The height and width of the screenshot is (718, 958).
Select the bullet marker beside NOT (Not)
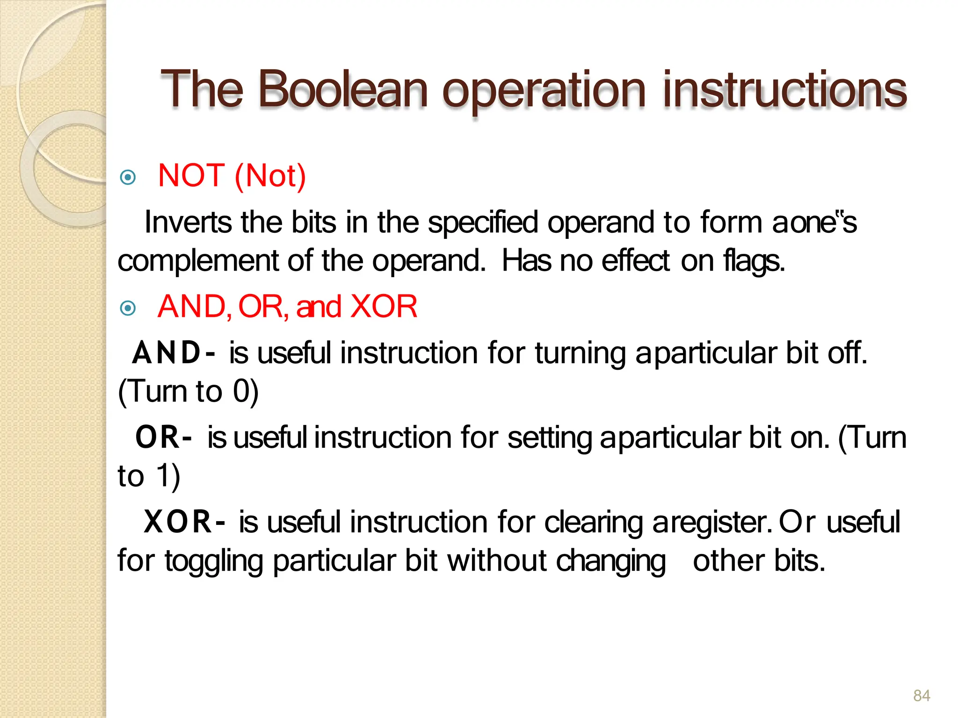(128, 177)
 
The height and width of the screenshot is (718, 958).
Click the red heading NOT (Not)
(232, 176)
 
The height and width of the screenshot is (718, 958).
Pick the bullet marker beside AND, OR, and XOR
(128, 308)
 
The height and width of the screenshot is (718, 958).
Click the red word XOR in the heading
(384, 307)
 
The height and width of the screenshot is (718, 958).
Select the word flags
(754, 261)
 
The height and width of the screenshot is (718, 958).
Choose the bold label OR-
(163, 438)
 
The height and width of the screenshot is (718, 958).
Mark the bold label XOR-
(184, 522)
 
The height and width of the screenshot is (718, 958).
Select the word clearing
(593, 522)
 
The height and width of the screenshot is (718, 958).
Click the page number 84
(922, 696)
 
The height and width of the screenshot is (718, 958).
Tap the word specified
(483, 223)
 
